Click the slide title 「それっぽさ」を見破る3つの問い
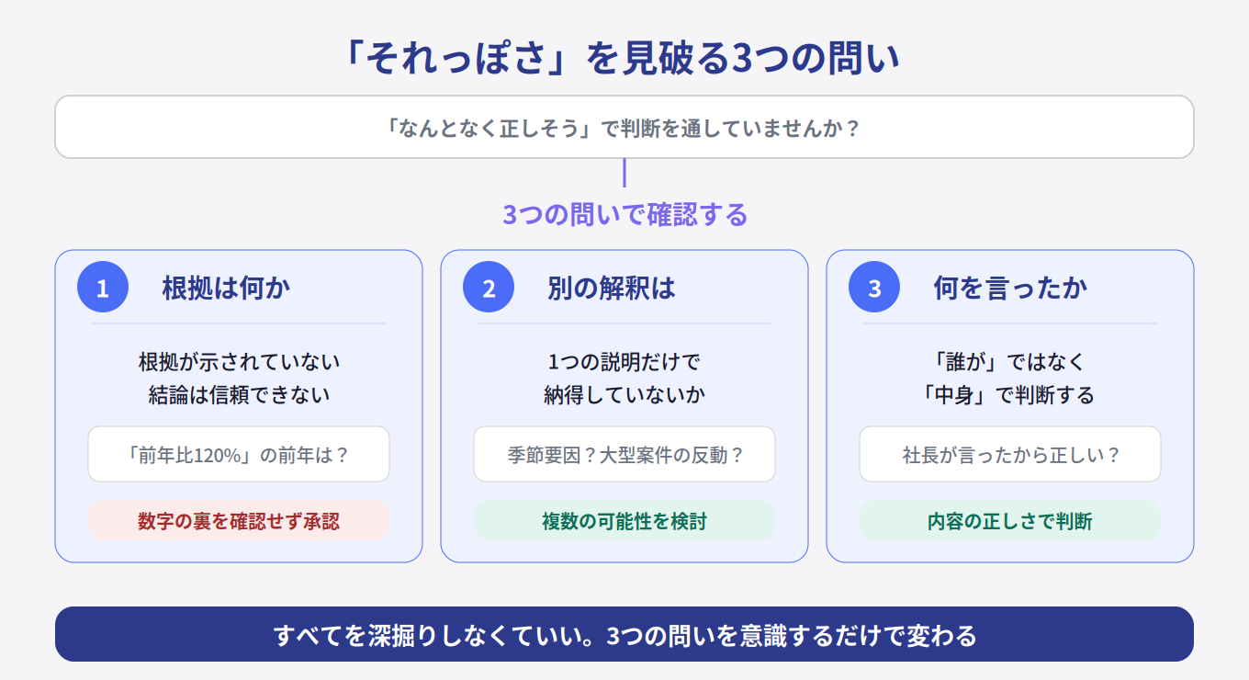(x=624, y=58)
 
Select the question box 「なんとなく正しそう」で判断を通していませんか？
(x=624, y=127)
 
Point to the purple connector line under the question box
(x=624, y=173)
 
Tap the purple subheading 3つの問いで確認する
(x=624, y=215)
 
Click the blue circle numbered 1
(x=103, y=287)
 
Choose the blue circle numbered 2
(x=489, y=287)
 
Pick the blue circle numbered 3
(x=874, y=287)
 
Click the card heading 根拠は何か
(x=226, y=289)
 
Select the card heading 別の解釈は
(x=611, y=289)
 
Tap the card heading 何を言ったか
(x=1010, y=289)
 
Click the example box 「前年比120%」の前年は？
(x=239, y=454)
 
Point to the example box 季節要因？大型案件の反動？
(x=624, y=454)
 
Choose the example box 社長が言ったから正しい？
(x=1010, y=454)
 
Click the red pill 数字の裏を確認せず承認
(x=239, y=520)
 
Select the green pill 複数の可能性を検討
(x=624, y=520)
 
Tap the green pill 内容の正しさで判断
(x=1010, y=520)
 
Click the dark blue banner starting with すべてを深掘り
(x=624, y=634)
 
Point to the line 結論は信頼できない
(x=239, y=395)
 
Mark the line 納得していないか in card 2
(x=624, y=395)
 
